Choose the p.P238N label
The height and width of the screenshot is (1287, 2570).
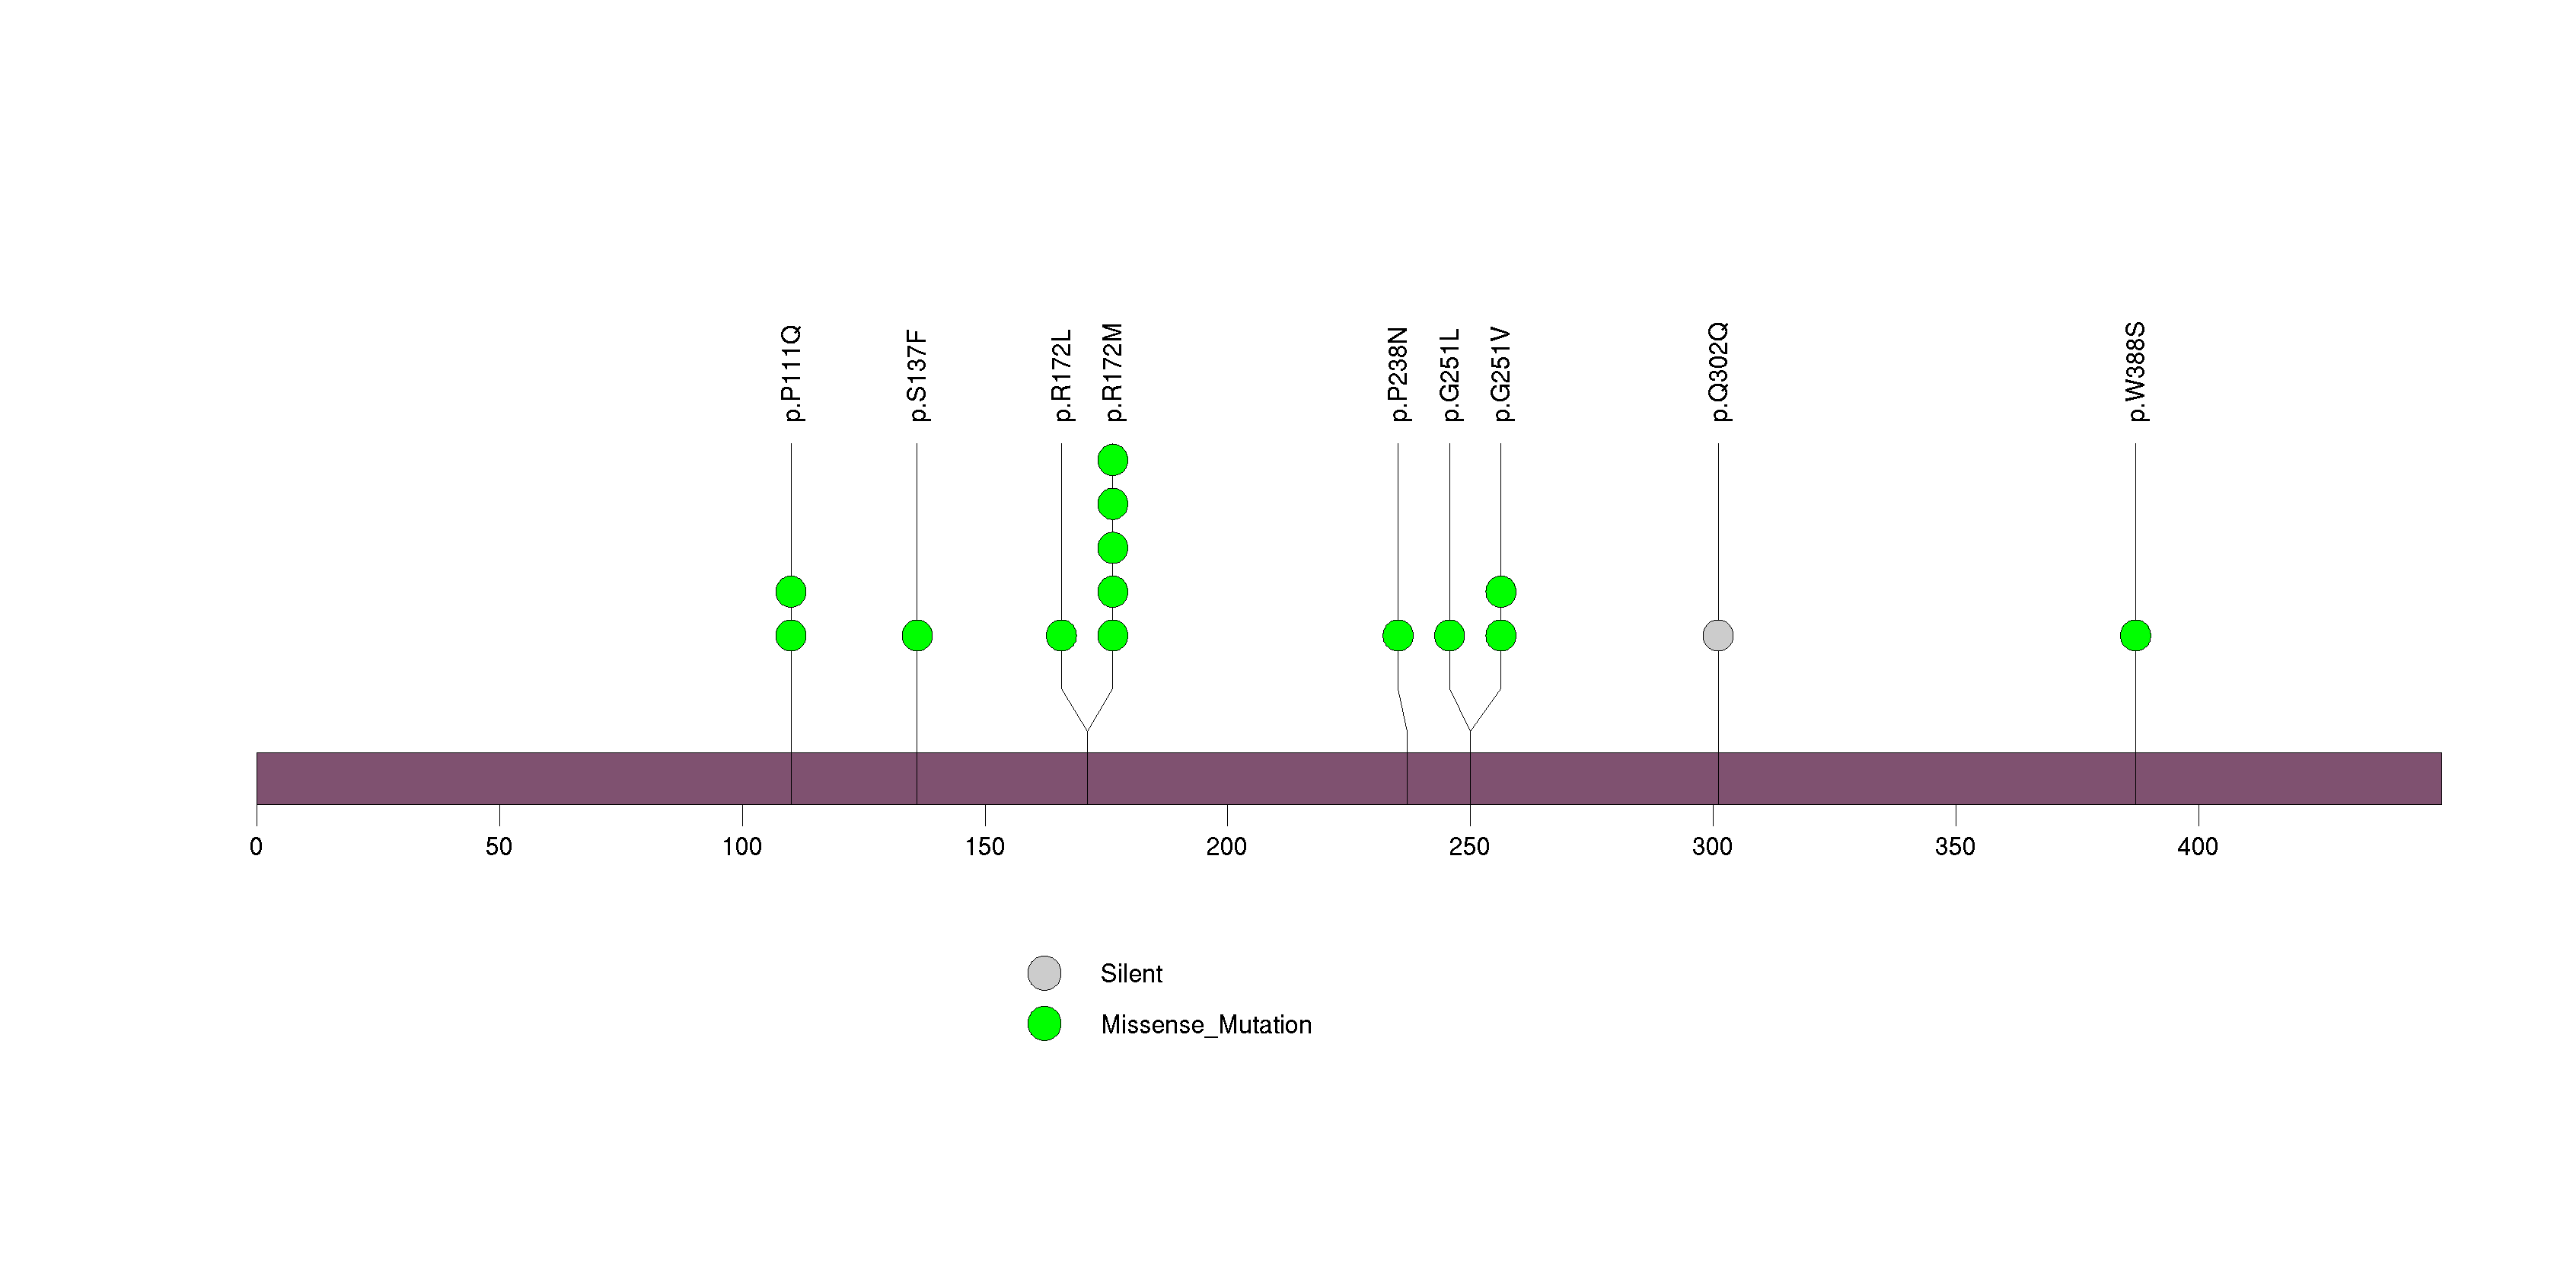[x=1398, y=374]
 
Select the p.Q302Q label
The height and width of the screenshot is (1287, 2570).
[x=1719, y=372]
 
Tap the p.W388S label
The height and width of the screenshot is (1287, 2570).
[x=2136, y=372]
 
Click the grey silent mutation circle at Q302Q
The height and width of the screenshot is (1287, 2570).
[x=1718, y=636]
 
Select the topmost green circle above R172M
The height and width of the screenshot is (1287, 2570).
[x=1112, y=460]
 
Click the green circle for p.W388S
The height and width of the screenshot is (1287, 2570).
[x=2135, y=636]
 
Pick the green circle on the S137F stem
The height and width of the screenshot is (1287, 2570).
[x=917, y=636]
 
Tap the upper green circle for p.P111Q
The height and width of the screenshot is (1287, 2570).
[x=791, y=592]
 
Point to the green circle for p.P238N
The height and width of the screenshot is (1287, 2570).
[x=1398, y=636]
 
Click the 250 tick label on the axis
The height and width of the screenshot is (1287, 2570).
[x=1469, y=847]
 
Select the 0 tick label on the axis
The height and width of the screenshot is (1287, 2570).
[x=257, y=847]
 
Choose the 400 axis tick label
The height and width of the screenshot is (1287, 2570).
[x=2198, y=847]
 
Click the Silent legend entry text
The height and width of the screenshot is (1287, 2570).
[x=1131, y=974]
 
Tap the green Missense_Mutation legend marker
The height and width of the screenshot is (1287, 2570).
[x=1044, y=1024]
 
